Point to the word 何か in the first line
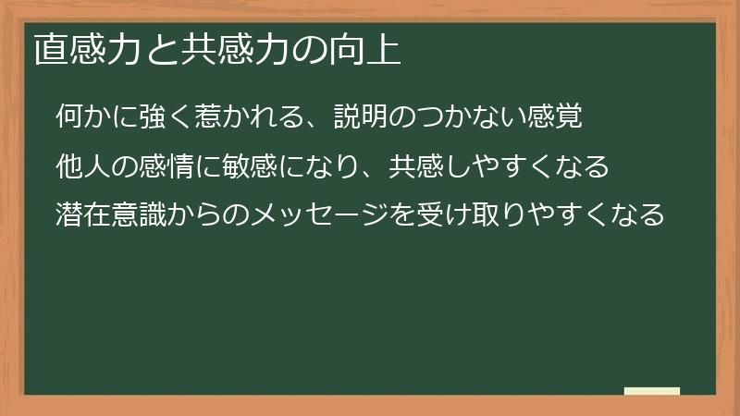[x=82, y=116]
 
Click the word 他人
[x=82, y=166]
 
